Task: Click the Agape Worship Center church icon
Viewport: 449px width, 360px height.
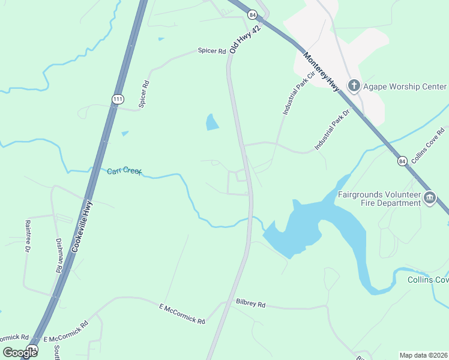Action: click(x=354, y=86)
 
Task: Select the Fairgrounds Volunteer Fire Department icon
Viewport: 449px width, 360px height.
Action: click(x=429, y=199)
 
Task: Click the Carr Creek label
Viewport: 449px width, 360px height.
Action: click(x=124, y=172)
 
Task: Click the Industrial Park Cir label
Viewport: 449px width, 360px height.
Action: click(x=299, y=94)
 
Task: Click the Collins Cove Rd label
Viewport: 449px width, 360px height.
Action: click(x=432, y=140)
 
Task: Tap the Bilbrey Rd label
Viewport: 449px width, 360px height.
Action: click(x=251, y=304)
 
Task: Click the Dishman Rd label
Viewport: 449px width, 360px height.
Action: click(x=59, y=256)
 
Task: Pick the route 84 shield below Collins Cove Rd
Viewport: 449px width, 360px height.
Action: click(x=403, y=161)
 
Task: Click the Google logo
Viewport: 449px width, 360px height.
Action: click(x=20, y=353)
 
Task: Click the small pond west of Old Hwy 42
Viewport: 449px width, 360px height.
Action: click(x=212, y=122)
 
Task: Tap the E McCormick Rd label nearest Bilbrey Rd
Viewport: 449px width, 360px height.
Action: click(x=182, y=314)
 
